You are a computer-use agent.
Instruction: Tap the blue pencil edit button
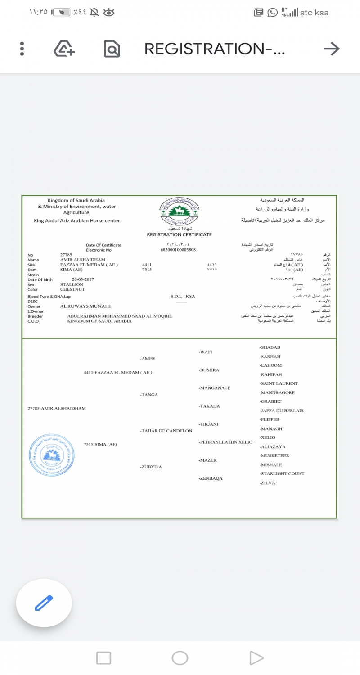[x=44, y=603]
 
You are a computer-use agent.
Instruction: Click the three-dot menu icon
[x=22, y=49]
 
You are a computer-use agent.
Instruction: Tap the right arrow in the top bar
[x=332, y=49]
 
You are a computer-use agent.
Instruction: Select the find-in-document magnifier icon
[x=112, y=49]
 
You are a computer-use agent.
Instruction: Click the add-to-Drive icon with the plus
[x=64, y=49]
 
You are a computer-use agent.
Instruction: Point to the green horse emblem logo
[x=179, y=211]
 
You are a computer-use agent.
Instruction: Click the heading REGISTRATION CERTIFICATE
[x=179, y=234]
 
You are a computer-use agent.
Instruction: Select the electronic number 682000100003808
[x=178, y=250]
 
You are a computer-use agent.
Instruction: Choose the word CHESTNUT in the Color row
[x=73, y=289]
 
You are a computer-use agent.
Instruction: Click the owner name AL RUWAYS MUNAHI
[x=85, y=306]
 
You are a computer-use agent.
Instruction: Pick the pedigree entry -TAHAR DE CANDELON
[x=166, y=431]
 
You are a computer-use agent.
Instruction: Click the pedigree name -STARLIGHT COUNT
[x=282, y=473]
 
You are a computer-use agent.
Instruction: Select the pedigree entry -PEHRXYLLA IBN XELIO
[x=225, y=442]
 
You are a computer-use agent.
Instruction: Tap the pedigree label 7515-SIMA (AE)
[x=100, y=444]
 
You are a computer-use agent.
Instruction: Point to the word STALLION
[x=72, y=284]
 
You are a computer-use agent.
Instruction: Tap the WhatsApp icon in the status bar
[x=272, y=13]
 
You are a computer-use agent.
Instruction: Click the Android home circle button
[x=180, y=658]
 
